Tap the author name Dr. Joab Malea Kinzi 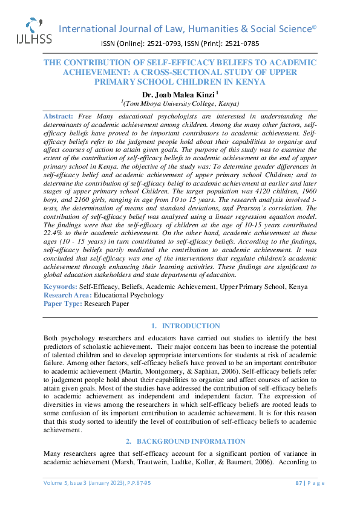(180, 95)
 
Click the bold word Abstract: (58, 115)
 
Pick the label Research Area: (67, 295)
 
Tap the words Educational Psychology (128, 295)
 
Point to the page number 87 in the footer (299, 499)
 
